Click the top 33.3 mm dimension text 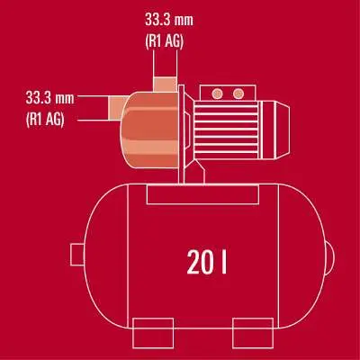tap(168, 19)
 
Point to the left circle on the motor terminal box tap(216, 94)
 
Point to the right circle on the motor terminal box tap(238, 94)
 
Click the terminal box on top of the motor tap(227, 94)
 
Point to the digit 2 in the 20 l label tap(196, 262)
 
